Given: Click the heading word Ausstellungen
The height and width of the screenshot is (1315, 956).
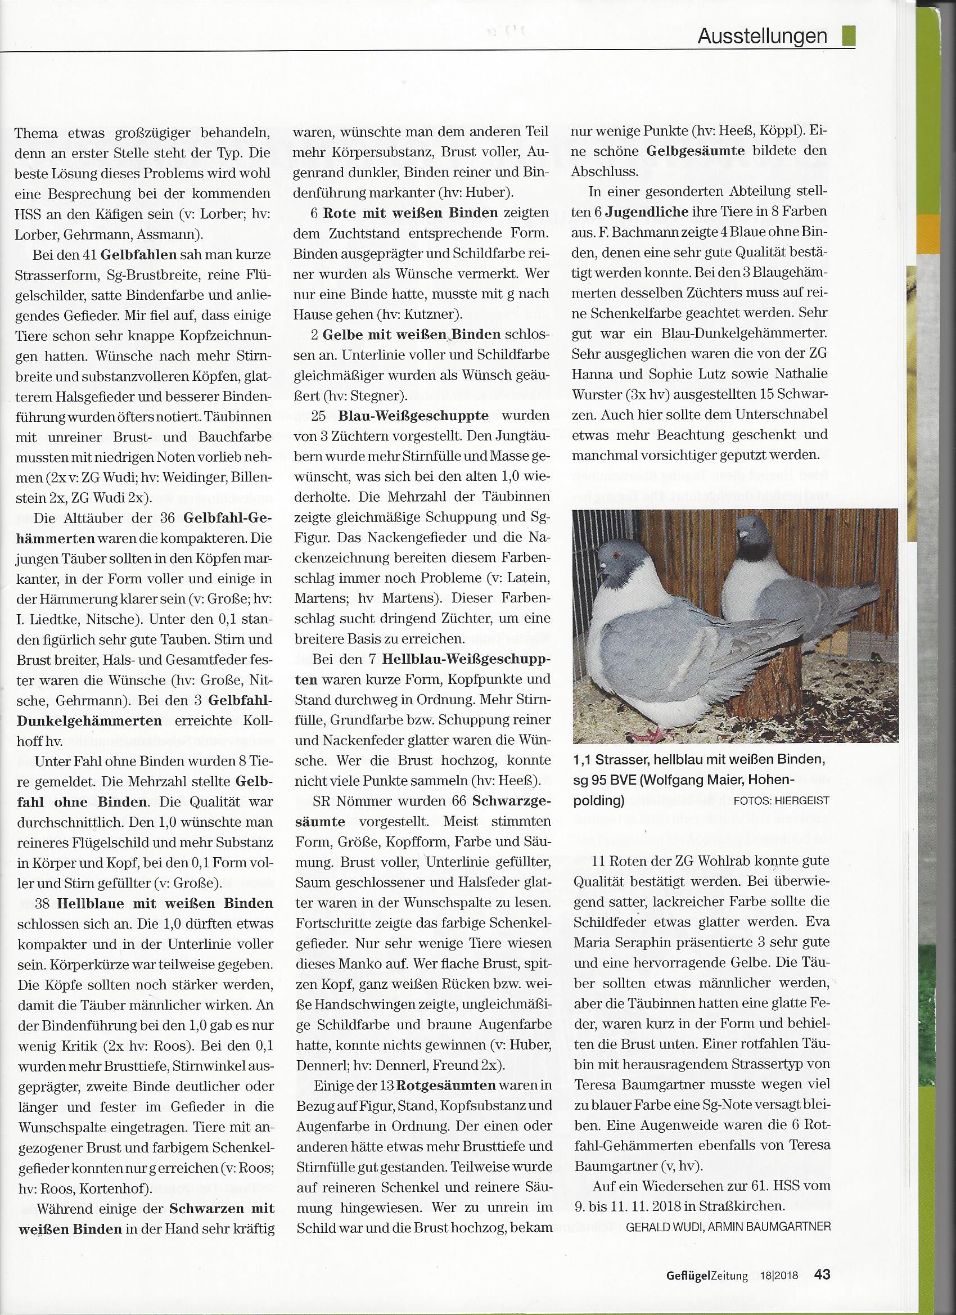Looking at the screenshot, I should pos(762,36).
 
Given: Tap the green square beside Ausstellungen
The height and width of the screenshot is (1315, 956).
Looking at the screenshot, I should pos(849,35).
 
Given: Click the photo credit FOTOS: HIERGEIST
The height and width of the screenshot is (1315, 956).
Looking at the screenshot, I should pos(781,801).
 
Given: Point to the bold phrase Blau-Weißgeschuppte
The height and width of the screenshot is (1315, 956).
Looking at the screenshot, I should pos(413,416).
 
